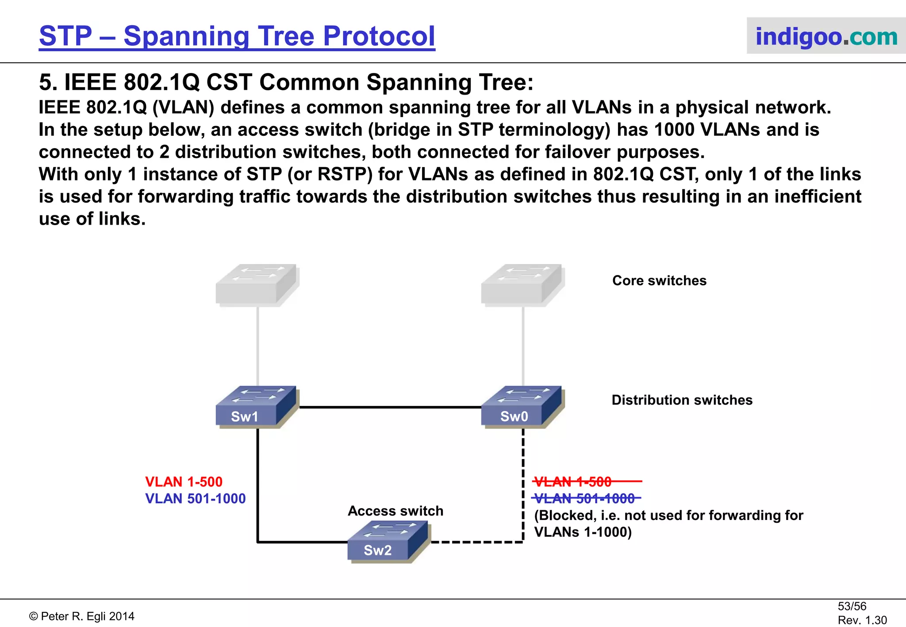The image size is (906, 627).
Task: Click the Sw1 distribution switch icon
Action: click(x=255, y=406)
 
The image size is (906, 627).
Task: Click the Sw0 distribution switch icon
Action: click(x=521, y=406)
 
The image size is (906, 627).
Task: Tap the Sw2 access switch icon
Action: click(x=387, y=541)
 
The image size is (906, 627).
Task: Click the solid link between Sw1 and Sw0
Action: click(x=389, y=407)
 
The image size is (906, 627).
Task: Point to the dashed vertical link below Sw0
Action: click(x=523, y=486)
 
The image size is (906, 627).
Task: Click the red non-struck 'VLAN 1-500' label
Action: click(x=184, y=482)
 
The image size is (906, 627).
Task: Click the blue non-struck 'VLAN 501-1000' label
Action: click(x=195, y=498)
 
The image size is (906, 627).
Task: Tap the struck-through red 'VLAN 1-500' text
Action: click(x=573, y=482)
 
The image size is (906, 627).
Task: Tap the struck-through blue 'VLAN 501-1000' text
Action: click(x=584, y=498)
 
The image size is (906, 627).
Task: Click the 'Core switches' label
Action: click(x=659, y=280)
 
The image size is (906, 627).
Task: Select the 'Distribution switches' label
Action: click(x=682, y=400)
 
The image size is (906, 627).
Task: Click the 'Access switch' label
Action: click(x=395, y=511)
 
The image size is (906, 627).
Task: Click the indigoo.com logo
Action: click(x=826, y=36)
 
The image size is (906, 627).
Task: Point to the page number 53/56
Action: click(x=852, y=606)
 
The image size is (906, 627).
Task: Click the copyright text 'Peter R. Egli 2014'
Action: click(x=87, y=616)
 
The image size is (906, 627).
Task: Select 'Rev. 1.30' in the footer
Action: click(x=862, y=620)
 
